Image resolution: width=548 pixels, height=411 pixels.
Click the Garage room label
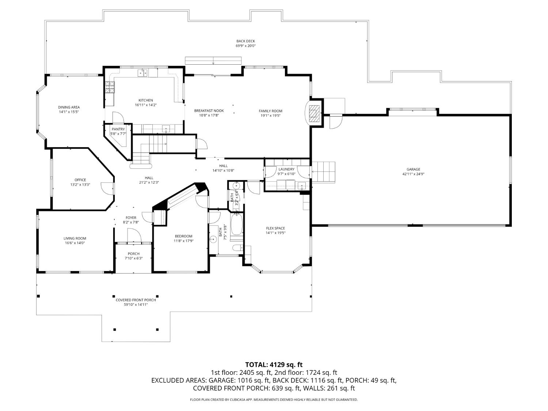click(413, 169)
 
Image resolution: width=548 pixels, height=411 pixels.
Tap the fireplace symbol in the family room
click(313, 113)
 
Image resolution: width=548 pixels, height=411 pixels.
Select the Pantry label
click(118, 129)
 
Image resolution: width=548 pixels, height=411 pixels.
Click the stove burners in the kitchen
click(110, 87)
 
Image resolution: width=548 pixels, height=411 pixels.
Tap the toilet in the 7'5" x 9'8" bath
click(237, 248)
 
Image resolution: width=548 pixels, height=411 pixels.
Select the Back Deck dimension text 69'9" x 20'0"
click(246, 46)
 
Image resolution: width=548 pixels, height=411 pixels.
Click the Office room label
click(80, 180)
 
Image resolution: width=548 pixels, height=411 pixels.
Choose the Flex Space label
click(275, 228)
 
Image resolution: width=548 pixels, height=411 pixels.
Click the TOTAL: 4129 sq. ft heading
click(274, 365)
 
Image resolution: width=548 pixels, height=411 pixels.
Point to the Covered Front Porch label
click(136, 300)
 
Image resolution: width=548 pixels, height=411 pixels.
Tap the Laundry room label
click(286, 169)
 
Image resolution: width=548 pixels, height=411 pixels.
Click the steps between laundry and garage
click(326, 171)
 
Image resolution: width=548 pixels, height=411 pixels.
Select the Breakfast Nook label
click(209, 111)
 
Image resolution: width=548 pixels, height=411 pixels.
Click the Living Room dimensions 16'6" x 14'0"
click(75, 243)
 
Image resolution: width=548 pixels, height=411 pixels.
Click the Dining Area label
click(69, 107)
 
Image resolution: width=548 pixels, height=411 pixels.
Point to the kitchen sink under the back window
click(142, 73)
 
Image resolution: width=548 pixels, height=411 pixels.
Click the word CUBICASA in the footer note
click(238, 400)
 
